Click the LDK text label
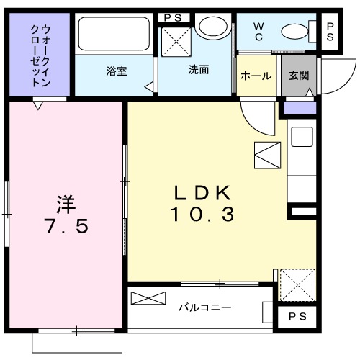click(201, 192)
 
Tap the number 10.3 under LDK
click(202, 214)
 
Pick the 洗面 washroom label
click(199, 71)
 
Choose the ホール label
click(256, 76)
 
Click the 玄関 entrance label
click(298, 76)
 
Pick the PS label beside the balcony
click(297, 316)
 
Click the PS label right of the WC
click(330, 32)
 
